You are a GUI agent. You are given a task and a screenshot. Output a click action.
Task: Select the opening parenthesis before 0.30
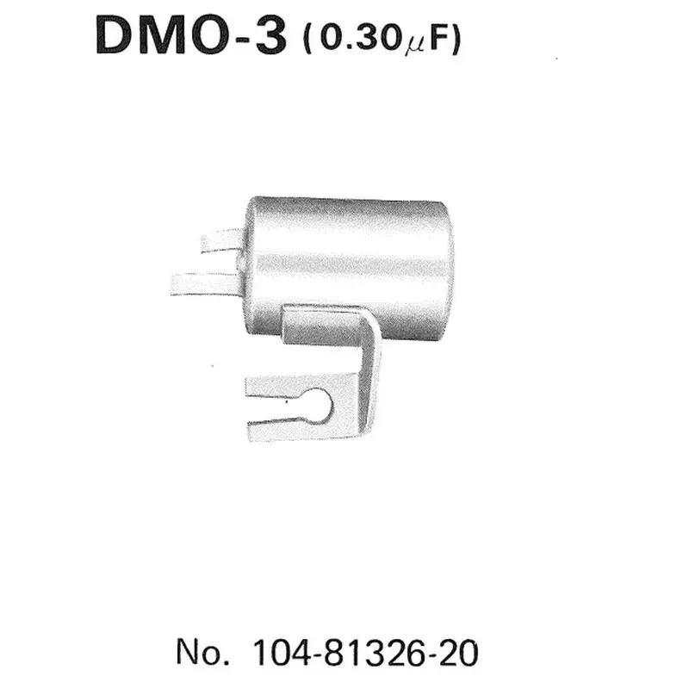(x=308, y=40)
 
